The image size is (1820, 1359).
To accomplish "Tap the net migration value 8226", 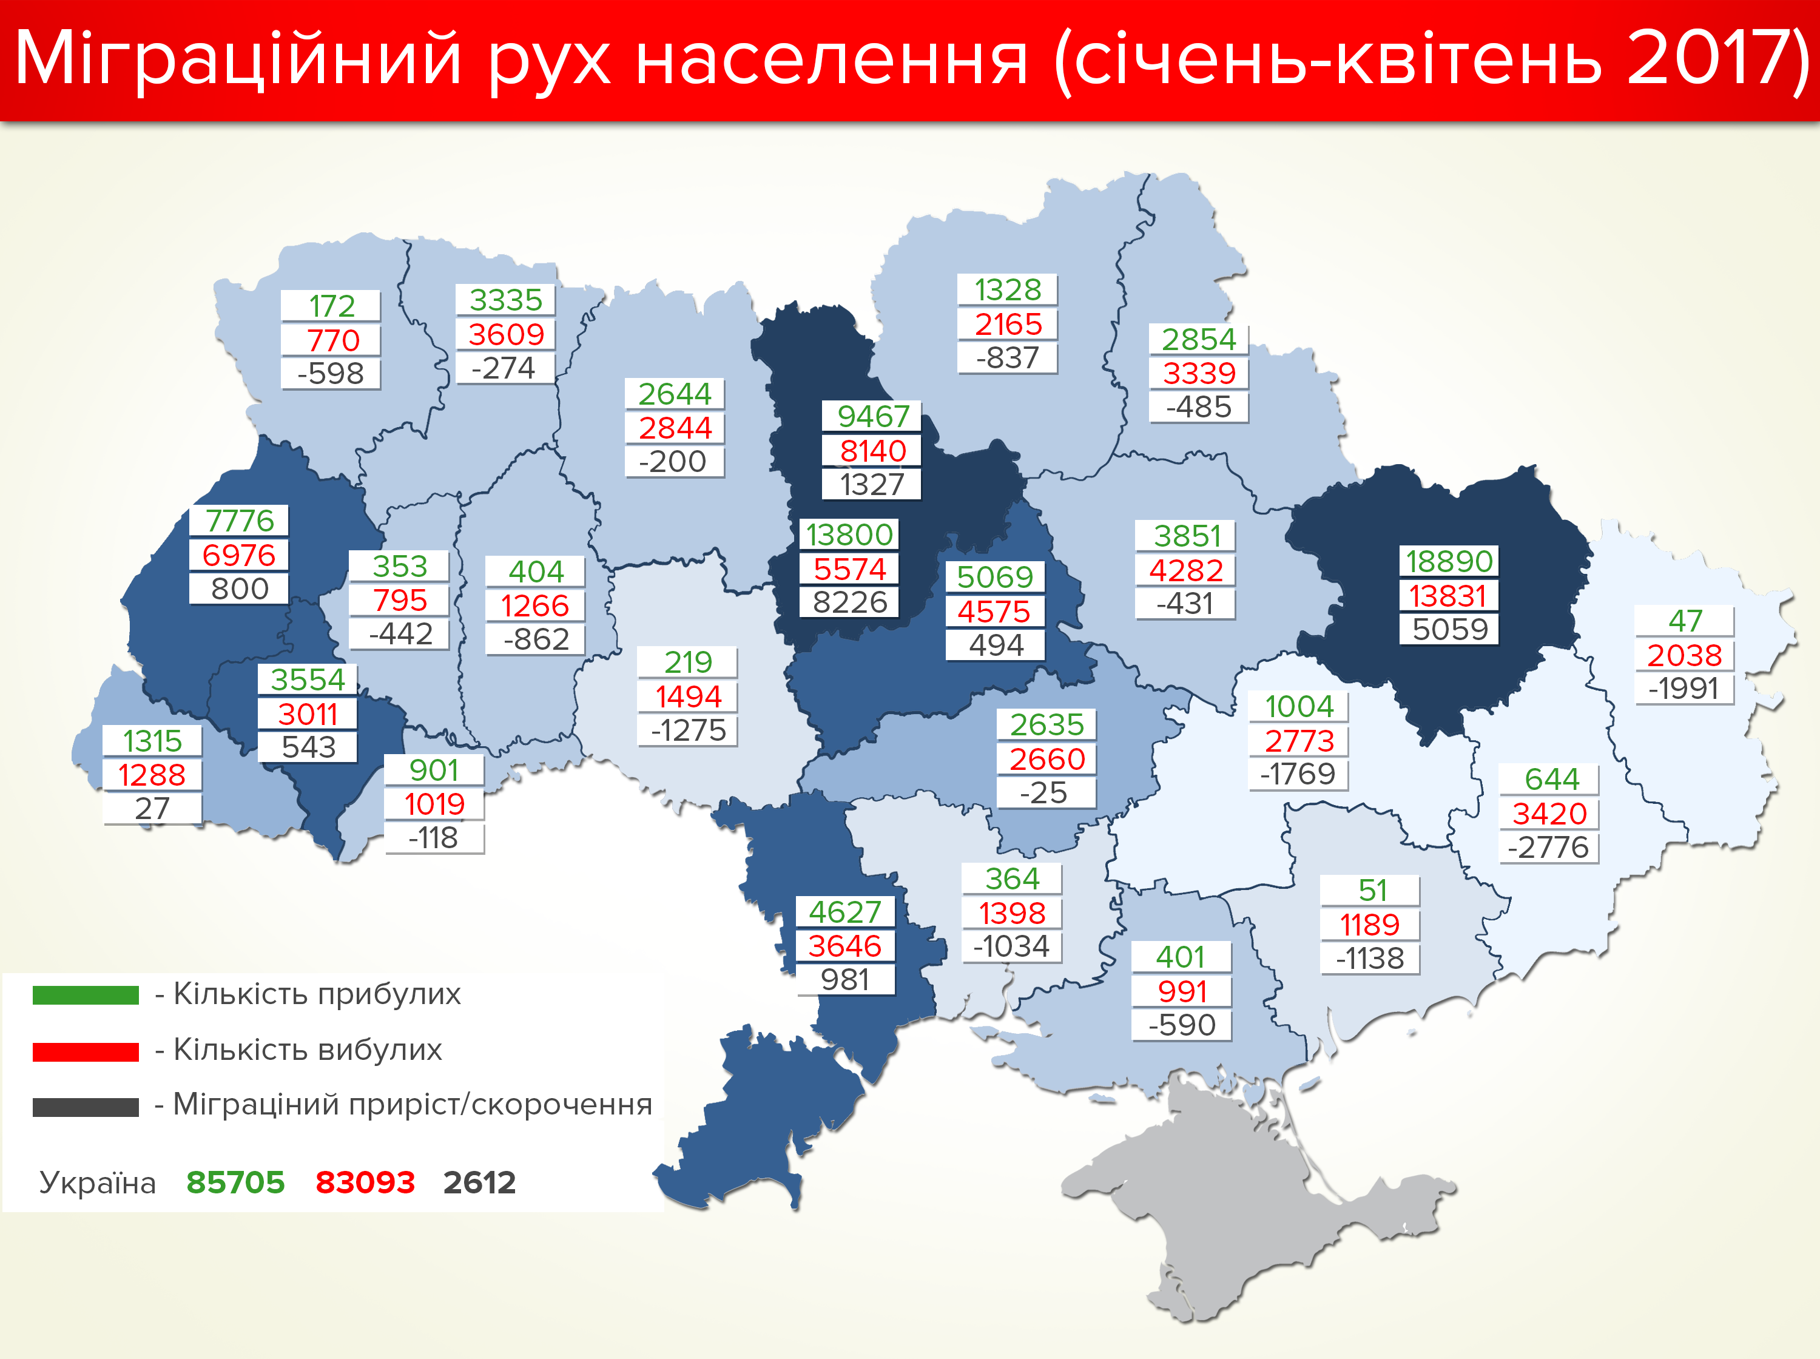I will click(849, 602).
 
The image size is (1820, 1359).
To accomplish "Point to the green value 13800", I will click(849, 534).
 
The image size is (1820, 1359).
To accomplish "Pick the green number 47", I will click(1684, 620).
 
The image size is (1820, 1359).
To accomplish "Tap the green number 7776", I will click(239, 521).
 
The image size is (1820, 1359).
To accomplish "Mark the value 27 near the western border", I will click(152, 809).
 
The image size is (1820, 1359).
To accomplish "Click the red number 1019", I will click(434, 804).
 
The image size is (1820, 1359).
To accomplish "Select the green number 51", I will click(1372, 890).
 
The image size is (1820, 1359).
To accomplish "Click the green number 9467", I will click(872, 416).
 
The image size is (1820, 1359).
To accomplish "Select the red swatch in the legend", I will click(86, 1051).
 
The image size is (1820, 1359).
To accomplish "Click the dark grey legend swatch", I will click(86, 1107).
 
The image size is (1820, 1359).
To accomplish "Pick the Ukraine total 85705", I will click(235, 1182).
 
